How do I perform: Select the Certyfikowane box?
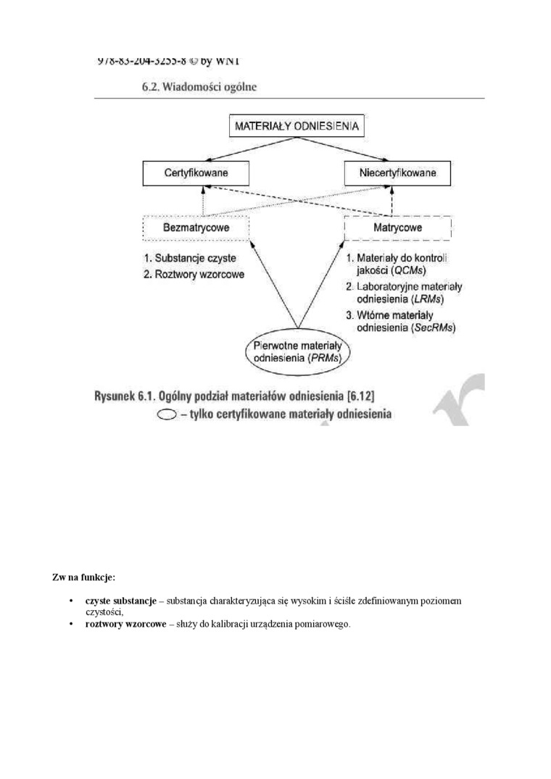(x=196, y=173)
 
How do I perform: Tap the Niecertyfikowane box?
(x=397, y=173)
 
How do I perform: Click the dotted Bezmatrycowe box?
(x=196, y=228)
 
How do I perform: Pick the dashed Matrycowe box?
(x=397, y=228)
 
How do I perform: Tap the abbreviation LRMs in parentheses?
(x=426, y=299)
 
